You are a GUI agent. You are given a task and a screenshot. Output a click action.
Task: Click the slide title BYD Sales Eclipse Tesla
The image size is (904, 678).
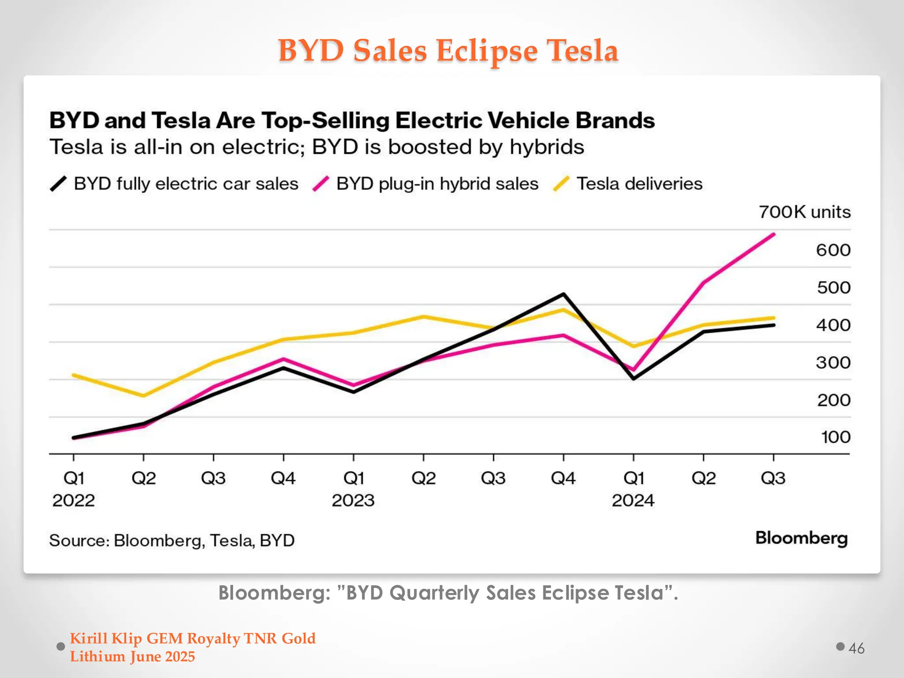click(448, 50)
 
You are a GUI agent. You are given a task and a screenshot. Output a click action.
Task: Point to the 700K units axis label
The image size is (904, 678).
click(804, 212)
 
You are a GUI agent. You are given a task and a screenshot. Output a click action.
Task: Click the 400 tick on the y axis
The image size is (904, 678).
click(832, 325)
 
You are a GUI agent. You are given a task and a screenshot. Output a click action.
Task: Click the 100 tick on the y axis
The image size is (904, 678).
click(835, 437)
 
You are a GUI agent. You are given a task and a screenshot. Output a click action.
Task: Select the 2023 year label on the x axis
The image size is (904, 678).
click(353, 501)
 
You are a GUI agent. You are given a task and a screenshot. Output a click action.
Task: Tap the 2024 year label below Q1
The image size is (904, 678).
click(633, 501)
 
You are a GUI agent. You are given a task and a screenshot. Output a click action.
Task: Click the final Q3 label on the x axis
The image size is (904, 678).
click(773, 478)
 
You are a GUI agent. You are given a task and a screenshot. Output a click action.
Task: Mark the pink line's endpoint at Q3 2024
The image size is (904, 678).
click(774, 234)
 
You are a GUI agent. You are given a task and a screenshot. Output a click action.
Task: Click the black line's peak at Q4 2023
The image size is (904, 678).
click(564, 294)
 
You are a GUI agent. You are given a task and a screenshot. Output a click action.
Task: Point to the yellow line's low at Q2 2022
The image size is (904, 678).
click(143, 395)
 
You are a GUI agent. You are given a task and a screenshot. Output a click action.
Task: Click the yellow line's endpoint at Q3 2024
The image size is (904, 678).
click(774, 318)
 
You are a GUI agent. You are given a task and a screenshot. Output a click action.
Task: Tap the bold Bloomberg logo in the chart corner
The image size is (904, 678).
click(801, 538)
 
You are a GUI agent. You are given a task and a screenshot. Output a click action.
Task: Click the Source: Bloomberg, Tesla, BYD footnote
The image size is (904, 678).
click(172, 541)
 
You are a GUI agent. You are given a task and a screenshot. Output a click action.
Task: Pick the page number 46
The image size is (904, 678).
click(856, 648)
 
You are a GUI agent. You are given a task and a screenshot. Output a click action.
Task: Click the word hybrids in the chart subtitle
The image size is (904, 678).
click(546, 147)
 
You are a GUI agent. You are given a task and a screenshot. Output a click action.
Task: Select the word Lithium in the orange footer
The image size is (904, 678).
click(98, 657)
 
